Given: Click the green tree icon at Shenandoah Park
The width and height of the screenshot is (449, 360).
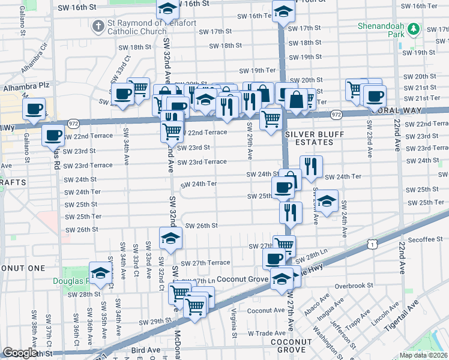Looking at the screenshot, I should click(x=413, y=28).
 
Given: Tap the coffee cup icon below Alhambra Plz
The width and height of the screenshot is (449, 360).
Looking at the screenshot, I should click(x=34, y=109).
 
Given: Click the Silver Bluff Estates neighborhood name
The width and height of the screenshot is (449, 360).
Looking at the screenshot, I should click(x=309, y=138).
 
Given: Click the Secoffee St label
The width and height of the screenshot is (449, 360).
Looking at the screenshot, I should click(x=425, y=239).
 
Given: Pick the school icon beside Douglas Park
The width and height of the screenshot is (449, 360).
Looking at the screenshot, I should click(x=101, y=273).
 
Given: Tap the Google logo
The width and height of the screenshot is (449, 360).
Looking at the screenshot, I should click(x=20, y=353).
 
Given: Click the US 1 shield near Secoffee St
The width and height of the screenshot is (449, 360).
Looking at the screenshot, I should click(x=373, y=244).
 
